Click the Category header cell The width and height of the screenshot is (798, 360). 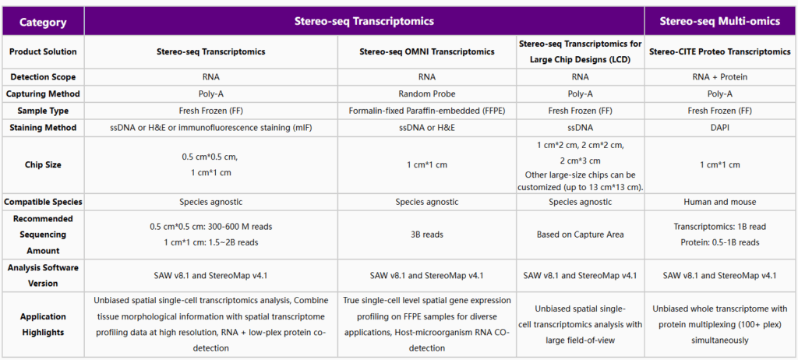43,22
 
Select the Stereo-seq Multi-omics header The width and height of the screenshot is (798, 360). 719,21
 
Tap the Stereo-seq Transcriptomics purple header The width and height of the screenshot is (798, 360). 363,21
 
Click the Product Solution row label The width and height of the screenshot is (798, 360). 43,51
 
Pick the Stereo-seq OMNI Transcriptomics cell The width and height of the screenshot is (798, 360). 426,51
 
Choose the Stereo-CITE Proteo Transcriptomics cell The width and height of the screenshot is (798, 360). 719,51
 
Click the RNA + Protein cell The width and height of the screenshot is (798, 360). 719,77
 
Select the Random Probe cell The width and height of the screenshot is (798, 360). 426,94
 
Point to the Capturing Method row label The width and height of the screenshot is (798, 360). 43,94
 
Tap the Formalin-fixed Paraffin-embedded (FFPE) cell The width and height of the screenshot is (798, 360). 426,111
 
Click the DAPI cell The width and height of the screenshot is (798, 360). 719,127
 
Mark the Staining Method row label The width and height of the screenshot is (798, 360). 43,127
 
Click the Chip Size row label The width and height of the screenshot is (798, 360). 43,164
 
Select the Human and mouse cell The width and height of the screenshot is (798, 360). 719,202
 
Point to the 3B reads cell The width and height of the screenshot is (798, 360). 426,234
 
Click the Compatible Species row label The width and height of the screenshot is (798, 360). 43,202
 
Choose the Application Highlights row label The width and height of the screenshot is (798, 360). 43,325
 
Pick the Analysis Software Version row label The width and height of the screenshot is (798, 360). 43,275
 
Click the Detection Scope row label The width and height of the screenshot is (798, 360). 43,77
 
